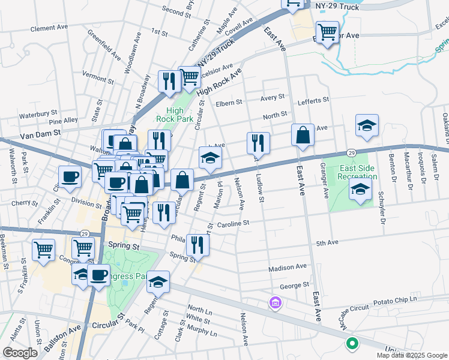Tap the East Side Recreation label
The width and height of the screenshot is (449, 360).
pos(357,172)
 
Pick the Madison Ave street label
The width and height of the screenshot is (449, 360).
pos(288,268)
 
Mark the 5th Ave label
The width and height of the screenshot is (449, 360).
pos(328,243)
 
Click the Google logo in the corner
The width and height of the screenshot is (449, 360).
pos(20,353)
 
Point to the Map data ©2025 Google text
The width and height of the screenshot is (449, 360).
pos(412,355)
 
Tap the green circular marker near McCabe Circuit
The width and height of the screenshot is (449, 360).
pos(352,344)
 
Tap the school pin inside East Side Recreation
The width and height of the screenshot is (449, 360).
pos(360,190)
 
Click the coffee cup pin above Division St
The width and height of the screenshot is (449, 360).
pos(70,177)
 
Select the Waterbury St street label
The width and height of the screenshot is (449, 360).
pos(37,113)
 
